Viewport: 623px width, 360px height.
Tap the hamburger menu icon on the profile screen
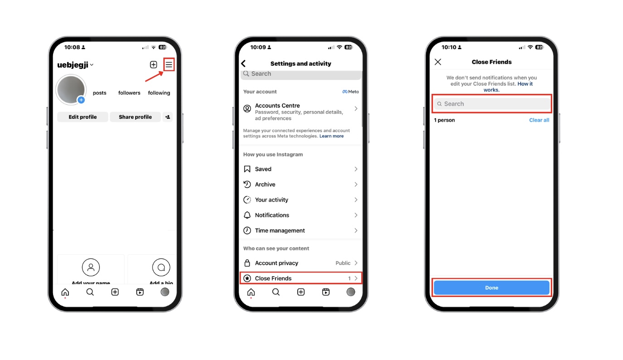[169, 65]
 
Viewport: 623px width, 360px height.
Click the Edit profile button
[83, 117]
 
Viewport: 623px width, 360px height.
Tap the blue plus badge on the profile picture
[81, 100]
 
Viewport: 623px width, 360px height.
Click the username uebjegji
[73, 65]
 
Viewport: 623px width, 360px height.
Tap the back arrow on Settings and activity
[244, 63]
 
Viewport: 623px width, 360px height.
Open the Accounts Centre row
[301, 112]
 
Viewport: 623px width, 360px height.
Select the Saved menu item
[301, 169]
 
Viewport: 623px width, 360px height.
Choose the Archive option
[301, 185]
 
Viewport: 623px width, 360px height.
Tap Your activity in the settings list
[301, 199]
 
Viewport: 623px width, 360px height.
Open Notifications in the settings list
[301, 215]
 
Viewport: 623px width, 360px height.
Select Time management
[301, 230]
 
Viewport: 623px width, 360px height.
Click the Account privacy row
[301, 263]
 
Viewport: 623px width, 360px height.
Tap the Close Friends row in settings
[301, 278]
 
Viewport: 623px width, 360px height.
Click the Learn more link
[331, 136]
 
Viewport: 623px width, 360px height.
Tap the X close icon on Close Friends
[438, 62]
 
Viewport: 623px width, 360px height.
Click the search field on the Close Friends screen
[492, 104]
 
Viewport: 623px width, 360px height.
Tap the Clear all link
[539, 120]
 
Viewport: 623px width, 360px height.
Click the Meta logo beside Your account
[350, 92]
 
